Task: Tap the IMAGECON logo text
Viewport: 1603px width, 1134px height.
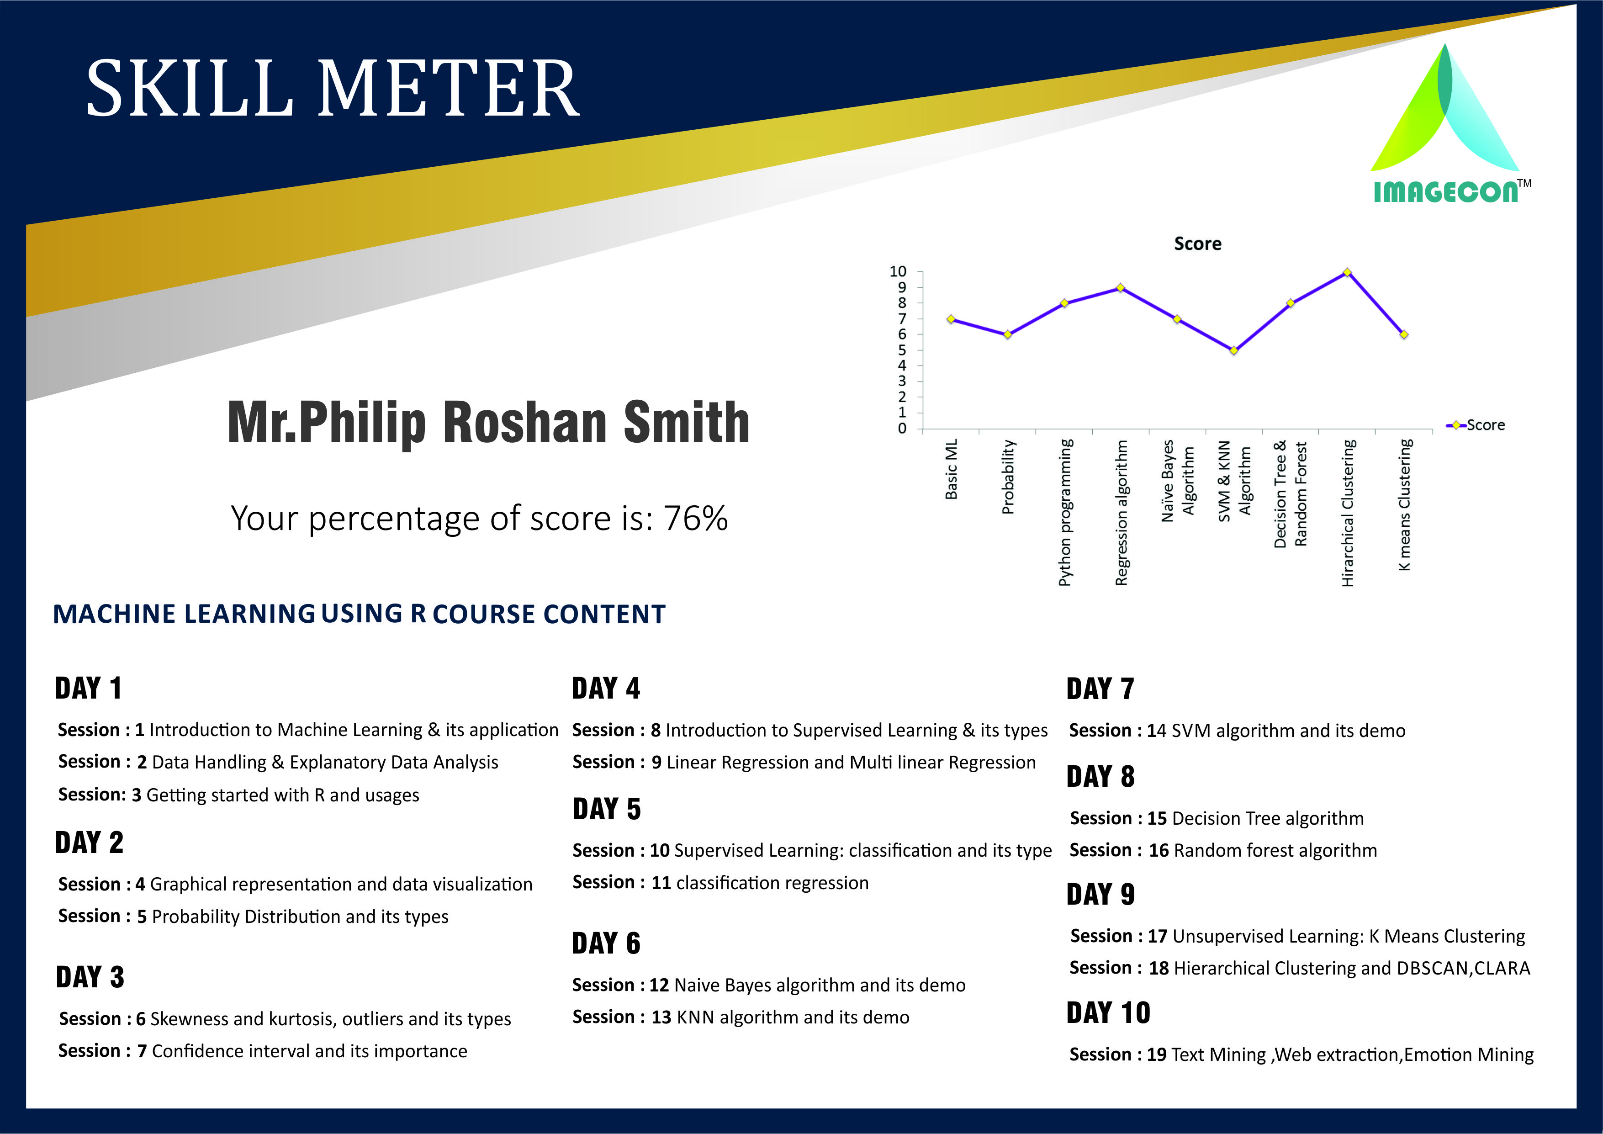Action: point(1446,192)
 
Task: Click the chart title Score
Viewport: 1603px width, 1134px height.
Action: point(1197,244)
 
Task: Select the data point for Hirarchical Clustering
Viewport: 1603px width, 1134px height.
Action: point(1347,272)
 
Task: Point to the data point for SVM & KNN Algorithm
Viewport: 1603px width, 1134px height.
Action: point(1234,350)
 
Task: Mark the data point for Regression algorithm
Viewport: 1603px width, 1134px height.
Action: point(1120,288)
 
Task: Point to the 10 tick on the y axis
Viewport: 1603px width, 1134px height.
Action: point(898,272)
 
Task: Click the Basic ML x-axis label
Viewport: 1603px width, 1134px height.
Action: point(951,469)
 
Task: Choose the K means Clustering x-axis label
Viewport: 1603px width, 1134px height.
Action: point(1404,504)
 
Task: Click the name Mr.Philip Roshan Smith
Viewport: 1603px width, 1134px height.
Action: point(489,423)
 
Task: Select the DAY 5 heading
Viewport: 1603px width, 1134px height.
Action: point(606,809)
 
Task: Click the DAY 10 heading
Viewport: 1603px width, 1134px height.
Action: point(1108,1012)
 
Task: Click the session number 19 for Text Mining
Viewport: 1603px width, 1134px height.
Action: point(1156,1055)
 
